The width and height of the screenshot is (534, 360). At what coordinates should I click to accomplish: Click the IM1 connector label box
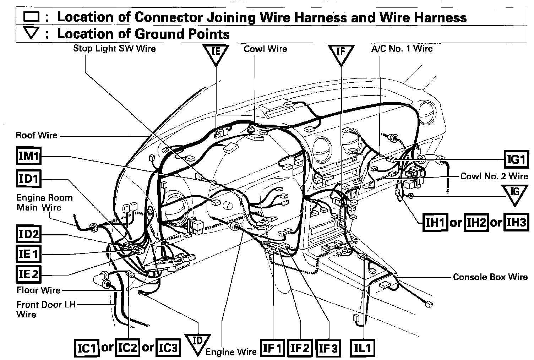coord(29,156)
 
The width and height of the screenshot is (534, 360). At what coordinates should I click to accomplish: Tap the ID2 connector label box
coord(29,235)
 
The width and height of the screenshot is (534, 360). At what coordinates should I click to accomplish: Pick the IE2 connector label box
coord(29,274)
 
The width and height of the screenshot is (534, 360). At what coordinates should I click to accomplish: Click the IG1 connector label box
coord(517,159)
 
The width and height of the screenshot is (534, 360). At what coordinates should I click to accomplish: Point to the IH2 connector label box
coord(476,223)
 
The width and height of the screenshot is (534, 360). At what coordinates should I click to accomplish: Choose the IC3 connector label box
coord(168,348)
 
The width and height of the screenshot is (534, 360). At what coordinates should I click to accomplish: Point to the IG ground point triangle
coord(515,194)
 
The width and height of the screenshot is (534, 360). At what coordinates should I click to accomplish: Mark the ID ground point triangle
coord(197,343)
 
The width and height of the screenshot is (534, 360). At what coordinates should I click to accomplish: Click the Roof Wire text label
coord(37,135)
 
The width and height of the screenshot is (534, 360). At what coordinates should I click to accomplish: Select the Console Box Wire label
coord(490,277)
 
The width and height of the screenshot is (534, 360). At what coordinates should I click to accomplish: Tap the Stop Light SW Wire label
coord(114,48)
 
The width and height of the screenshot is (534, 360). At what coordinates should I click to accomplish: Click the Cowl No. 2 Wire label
coord(494,176)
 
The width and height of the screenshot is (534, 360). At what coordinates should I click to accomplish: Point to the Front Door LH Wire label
coord(46,309)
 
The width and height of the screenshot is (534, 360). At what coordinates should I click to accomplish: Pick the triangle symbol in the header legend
coord(32,34)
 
